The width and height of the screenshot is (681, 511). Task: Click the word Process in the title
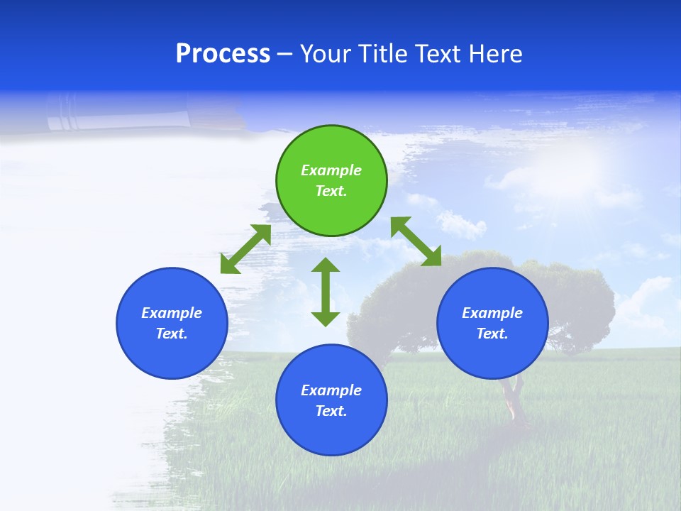pyautogui.click(x=223, y=54)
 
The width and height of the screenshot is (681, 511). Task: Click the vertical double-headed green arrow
pyautogui.click(x=326, y=292)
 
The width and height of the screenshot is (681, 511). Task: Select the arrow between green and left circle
pyautogui.click(x=245, y=249)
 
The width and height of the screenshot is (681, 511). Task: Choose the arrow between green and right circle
pyautogui.click(x=416, y=241)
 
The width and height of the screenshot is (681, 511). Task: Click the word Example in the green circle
pyautogui.click(x=331, y=170)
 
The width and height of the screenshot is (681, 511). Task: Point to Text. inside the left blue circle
pyautogui.click(x=172, y=334)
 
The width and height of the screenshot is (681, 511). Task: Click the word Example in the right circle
pyautogui.click(x=492, y=313)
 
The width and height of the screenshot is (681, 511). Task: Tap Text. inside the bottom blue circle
pyautogui.click(x=331, y=411)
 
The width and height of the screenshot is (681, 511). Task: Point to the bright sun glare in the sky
pyautogui.click(x=575, y=167)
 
